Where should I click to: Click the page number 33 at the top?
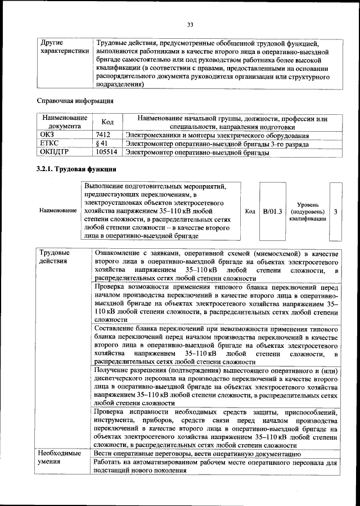190,24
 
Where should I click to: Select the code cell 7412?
103,136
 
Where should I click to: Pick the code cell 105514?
107,152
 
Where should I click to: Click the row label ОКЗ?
47,136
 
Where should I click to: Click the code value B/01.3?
272,212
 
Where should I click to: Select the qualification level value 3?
336,212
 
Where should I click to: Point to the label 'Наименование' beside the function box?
58,211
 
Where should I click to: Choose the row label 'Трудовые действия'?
54,257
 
